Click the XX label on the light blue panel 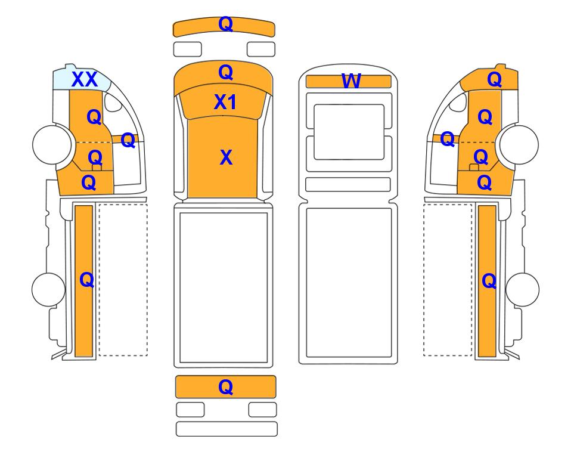pos(85,79)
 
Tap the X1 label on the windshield pos(225,102)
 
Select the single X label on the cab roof pos(226,157)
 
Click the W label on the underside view pos(351,81)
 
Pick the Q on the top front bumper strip pos(225,24)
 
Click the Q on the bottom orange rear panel pos(225,387)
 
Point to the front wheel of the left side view pos(52,144)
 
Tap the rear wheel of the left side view pos(48,289)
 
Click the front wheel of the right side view pos(519,144)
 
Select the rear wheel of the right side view pos(522,289)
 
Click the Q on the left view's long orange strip pos(87,280)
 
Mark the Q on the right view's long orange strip pos(489,281)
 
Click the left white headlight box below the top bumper pos(187,49)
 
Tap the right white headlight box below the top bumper pos(261,49)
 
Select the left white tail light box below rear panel pos(190,410)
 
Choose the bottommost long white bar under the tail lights pos(227,429)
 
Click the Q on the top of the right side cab pos(495,79)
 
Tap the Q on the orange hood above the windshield pos(225,73)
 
